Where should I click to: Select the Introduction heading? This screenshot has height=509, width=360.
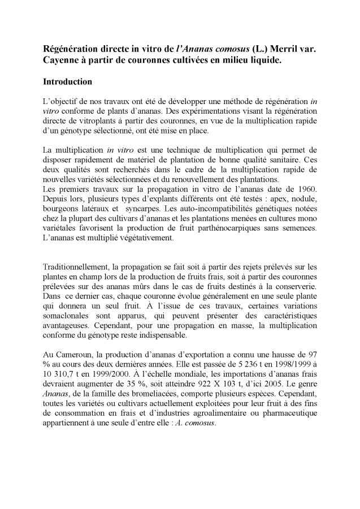(67, 82)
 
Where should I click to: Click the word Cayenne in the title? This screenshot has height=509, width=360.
(62, 61)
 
